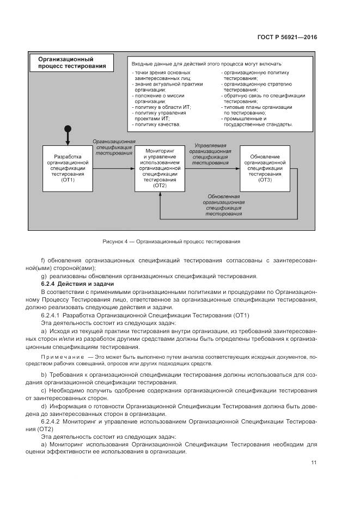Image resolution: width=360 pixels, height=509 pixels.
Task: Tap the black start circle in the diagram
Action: click(x=68, y=129)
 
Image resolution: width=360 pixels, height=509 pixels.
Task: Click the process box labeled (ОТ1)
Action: click(x=68, y=168)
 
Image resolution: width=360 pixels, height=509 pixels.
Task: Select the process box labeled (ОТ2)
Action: click(x=160, y=168)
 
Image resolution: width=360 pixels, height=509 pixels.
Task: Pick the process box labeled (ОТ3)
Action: click(x=265, y=168)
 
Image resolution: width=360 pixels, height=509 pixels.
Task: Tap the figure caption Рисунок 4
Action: click(x=171, y=241)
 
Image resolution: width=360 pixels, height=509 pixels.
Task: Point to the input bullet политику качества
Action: click(x=156, y=124)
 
